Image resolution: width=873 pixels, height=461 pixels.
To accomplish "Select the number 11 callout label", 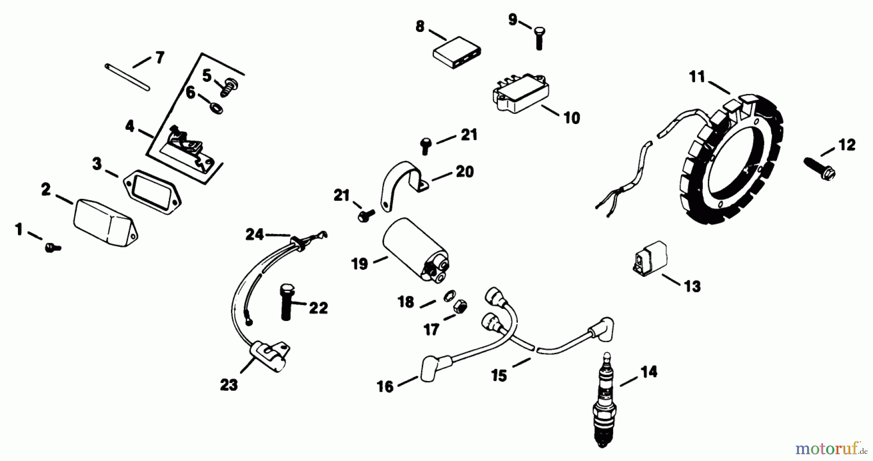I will (x=697, y=77).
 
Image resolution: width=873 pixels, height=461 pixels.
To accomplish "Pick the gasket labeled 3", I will (x=152, y=192).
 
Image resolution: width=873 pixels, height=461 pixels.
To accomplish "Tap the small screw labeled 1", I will (x=52, y=248).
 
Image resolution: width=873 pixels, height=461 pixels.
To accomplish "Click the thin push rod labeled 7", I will (x=127, y=77).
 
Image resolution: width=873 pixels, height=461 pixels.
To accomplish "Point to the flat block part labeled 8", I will (x=457, y=52).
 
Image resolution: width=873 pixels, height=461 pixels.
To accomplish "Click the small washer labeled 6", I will (x=216, y=107).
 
